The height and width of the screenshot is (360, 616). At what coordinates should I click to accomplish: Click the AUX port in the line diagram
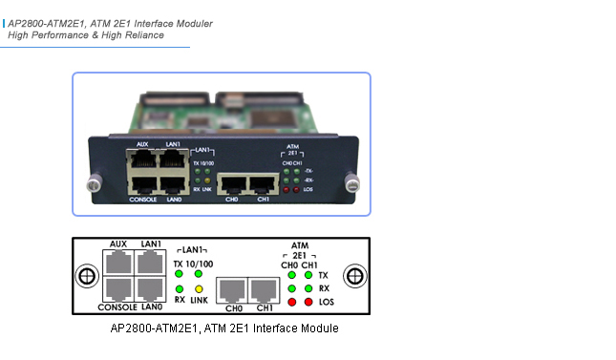118,264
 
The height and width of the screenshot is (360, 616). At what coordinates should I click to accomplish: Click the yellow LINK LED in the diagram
199,288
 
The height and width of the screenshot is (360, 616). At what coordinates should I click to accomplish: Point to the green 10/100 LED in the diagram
199,274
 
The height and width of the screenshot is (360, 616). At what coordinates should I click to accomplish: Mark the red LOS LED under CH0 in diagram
290,302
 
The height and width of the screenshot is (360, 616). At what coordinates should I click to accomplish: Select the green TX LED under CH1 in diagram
308,275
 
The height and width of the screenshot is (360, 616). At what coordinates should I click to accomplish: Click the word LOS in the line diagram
327,302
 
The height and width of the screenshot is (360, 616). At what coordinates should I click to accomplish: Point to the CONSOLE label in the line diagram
117,307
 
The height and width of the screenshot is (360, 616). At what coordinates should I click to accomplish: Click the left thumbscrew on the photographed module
94,180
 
